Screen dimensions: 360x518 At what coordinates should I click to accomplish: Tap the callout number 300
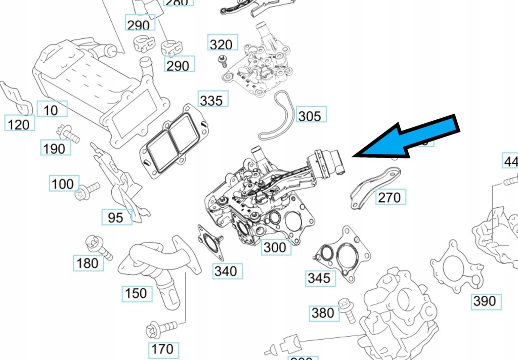275,247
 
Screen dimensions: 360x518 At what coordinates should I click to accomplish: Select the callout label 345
319,278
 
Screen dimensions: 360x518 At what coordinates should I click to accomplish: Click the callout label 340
225,271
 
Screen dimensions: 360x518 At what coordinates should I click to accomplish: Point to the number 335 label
211,100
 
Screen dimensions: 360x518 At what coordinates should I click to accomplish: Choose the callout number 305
309,116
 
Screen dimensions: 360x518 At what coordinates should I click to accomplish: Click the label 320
221,44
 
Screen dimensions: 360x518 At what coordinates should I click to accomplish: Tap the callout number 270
389,197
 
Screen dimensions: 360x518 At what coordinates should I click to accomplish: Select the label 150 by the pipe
136,293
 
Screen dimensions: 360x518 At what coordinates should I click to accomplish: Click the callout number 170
162,348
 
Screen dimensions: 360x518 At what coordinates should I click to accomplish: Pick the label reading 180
88,263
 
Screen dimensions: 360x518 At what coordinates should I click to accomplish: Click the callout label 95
116,217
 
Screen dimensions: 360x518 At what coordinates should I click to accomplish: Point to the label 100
63,184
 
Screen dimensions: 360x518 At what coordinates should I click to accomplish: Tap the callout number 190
54,148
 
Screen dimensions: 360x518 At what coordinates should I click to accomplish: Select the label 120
19,123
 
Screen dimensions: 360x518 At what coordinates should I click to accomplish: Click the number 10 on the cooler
51,110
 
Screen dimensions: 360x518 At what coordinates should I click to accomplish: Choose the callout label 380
323,313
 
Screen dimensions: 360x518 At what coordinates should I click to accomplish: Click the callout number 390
484,301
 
